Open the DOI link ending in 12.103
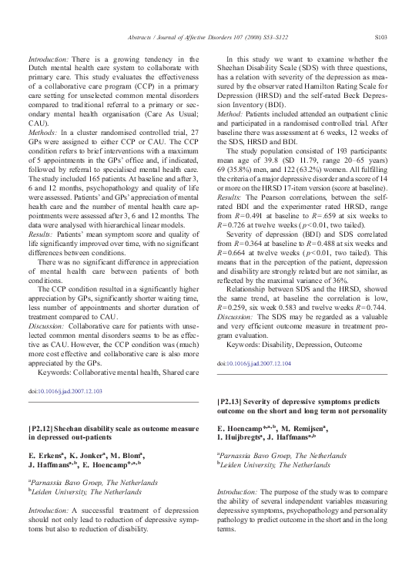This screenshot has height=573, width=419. point(65,392)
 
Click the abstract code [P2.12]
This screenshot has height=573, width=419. point(44,427)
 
